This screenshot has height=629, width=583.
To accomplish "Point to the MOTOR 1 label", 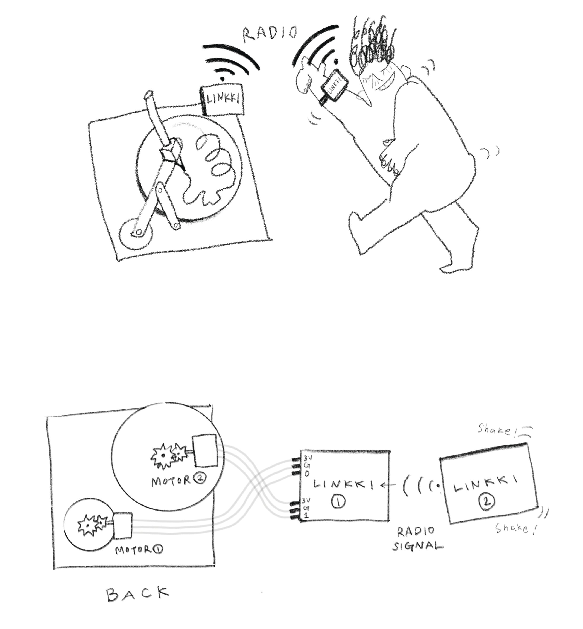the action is coord(139,550).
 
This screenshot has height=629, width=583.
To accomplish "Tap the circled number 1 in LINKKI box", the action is coord(339,501).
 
